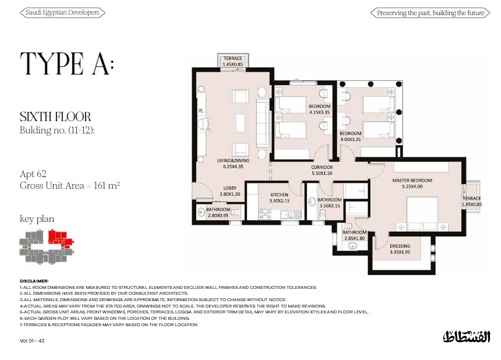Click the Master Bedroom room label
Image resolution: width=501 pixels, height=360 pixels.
[x=412, y=183]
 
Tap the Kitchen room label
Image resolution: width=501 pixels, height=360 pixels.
[x=279, y=197]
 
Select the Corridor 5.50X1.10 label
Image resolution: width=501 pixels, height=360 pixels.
[x=322, y=170]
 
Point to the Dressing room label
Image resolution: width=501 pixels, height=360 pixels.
[x=400, y=249]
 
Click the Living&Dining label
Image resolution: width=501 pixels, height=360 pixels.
[x=233, y=164]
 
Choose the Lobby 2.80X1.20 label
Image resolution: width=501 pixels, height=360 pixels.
[x=230, y=191]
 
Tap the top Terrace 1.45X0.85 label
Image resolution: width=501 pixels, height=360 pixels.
[x=232, y=61]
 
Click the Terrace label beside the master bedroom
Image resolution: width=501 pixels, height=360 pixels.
[x=472, y=201]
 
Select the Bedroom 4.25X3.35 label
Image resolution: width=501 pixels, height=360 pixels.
[x=319, y=110]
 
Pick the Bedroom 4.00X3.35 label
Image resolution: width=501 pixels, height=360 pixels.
[x=351, y=136]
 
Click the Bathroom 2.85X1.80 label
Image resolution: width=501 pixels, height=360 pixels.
[x=354, y=235]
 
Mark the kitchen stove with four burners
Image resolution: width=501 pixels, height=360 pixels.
[x=265, y=214]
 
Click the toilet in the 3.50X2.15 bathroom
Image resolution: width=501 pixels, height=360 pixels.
[x=322, y=216]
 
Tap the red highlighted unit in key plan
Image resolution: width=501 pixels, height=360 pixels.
[x=61, y=239]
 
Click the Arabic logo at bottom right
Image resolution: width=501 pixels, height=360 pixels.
[x=467, y=337]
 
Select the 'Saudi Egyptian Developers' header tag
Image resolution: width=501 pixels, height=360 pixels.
[x=62, y=13]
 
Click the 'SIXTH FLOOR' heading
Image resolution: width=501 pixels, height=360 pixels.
[x=55, y=117]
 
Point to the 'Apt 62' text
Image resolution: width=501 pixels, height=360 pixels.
[x=33, y=174]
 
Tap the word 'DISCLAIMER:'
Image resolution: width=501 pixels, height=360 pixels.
[x=34, y=281]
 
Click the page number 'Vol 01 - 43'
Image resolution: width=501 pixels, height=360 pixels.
[x=32, y=341]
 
